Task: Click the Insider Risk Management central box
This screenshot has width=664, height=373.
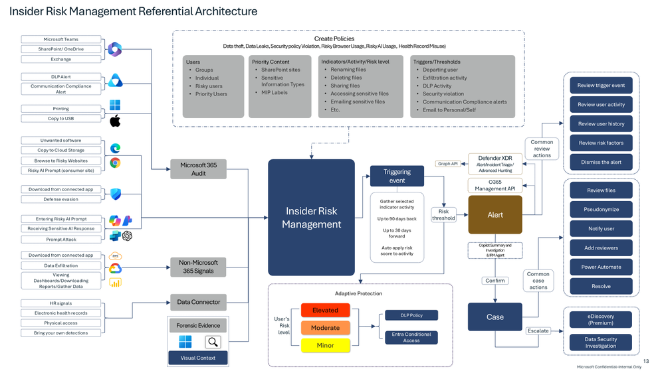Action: tap(311, 217)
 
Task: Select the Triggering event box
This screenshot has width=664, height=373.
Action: tap(397, 176)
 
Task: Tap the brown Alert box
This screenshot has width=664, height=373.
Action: tap(495, 214)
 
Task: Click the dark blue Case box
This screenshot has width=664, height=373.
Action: tap(495, 317)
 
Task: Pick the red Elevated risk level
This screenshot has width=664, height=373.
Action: tap(325, 310)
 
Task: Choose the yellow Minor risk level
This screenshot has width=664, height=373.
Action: tap(325, 345)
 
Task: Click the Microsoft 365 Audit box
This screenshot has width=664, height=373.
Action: tap(198, 169)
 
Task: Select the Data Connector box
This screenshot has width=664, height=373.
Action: tap(198, 302)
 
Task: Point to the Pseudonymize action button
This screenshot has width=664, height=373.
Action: tap(601, 209)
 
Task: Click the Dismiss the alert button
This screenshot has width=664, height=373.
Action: tap(601, 162)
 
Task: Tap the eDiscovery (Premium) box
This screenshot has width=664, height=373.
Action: tap(601, 319)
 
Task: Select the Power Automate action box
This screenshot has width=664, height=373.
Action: tap(601, 267)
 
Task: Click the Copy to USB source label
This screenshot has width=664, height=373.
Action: tap(60, 118)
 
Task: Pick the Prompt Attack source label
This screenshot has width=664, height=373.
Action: tap(60, 240)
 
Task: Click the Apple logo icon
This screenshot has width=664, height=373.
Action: tap(115, 120)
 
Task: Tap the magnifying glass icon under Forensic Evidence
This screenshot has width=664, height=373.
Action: tap(213, 342)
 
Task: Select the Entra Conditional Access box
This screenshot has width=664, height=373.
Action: tap(411, 337)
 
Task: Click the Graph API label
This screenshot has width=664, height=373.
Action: tap(448, 163)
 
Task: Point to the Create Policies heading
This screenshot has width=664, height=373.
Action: tap(334, 39)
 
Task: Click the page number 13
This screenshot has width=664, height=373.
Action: tap(645, 360)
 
